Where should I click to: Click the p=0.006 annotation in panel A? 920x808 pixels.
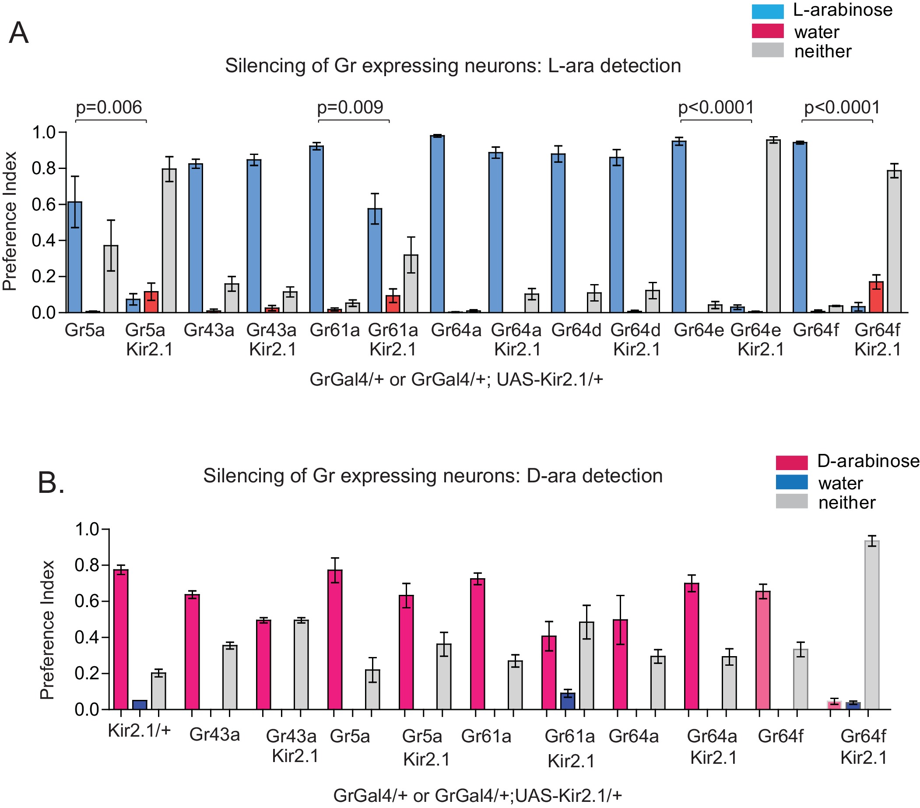109,108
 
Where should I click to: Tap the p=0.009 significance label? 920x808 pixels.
350,108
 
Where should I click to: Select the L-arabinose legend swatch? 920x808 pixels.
767,11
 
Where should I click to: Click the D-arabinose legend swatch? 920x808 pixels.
791,462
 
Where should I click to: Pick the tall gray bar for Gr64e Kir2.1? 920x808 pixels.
773,225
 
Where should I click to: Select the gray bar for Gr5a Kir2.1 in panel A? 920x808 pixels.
169,240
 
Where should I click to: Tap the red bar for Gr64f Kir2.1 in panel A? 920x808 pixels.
876,297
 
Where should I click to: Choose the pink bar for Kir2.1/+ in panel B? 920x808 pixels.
121,639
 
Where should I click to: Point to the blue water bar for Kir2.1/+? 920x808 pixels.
140,704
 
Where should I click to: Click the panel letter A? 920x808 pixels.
18,33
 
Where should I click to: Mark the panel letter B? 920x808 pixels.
50,482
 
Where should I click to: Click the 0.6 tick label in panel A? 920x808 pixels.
43,204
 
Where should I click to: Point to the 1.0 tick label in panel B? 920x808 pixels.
86,529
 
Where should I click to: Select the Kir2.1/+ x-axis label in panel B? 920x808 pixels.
139,730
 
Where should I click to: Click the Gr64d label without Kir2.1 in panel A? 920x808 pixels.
576,330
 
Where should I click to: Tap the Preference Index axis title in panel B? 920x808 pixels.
47,630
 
